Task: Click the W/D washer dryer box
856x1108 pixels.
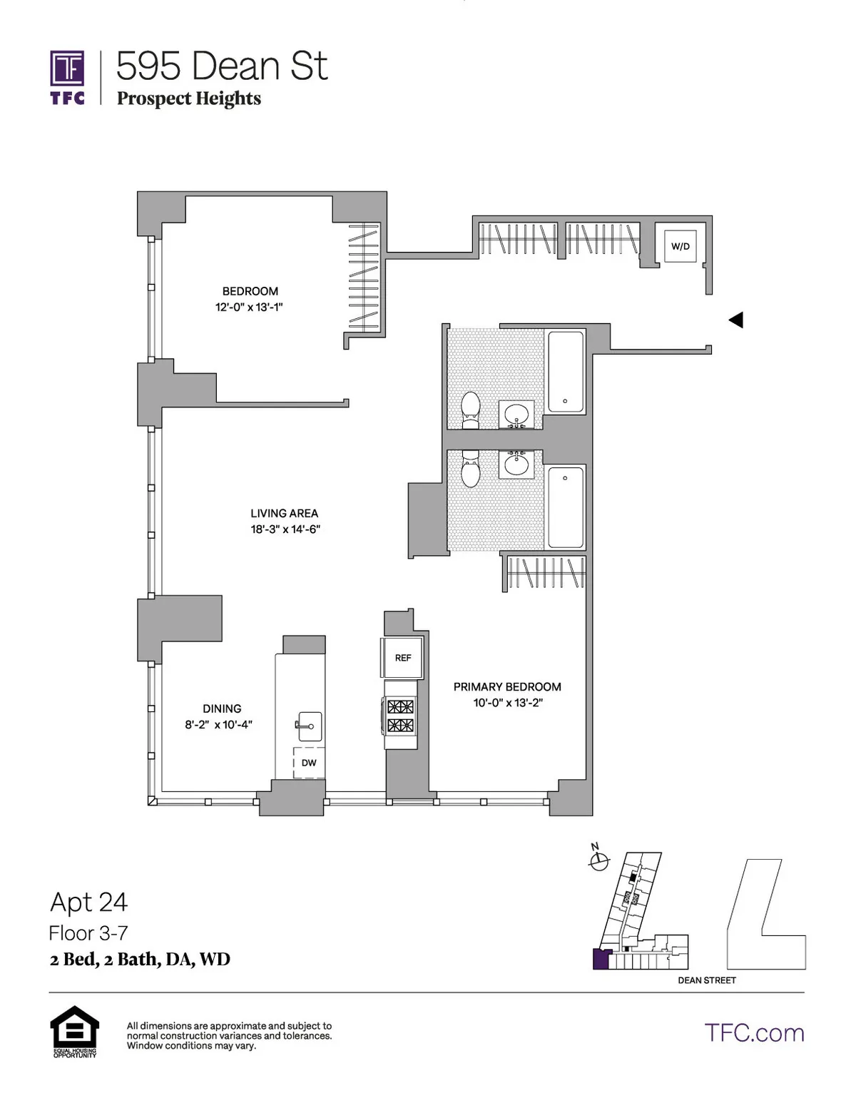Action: (680, 246)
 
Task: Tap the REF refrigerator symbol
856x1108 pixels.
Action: (403, 658)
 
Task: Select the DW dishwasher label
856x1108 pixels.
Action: (309, 763)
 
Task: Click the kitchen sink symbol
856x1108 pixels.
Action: (309, 726)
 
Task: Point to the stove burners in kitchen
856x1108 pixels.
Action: (400, 716)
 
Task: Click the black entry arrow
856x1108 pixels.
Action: (735, 320)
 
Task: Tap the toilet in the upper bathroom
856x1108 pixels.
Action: (471, 410)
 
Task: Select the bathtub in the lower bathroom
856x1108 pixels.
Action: (566, 507)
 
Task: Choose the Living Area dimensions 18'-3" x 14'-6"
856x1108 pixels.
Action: (285, 529)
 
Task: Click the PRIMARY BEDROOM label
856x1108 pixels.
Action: (507, 686)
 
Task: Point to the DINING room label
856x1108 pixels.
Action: (222, 708)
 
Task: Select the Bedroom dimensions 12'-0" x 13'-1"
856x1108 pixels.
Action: (250, 307)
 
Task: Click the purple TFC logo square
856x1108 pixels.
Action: (67, 68)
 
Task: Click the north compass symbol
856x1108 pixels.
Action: (599, 861)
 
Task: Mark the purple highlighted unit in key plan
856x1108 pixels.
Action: (601, 959)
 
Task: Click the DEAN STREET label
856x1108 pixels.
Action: (706, 980)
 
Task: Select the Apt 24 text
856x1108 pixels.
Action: (89, 902)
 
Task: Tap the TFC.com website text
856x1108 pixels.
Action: (754, 1032)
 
